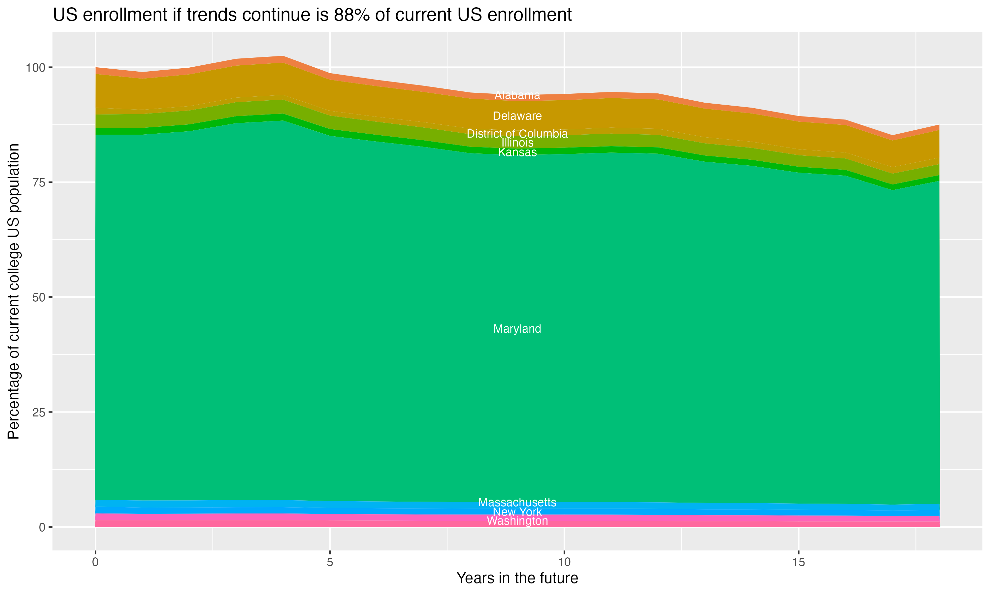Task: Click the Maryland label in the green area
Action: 517,329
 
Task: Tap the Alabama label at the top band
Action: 517,95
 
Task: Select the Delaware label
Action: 517,116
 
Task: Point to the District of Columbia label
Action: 517,134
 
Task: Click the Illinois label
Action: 517,143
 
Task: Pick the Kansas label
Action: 517,152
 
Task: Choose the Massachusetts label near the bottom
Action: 517,502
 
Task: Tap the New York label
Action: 517,512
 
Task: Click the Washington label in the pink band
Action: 517,521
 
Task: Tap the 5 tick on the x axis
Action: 330,562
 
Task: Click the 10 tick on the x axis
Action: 564,562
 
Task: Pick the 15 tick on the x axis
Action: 798,562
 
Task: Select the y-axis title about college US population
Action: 14,291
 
